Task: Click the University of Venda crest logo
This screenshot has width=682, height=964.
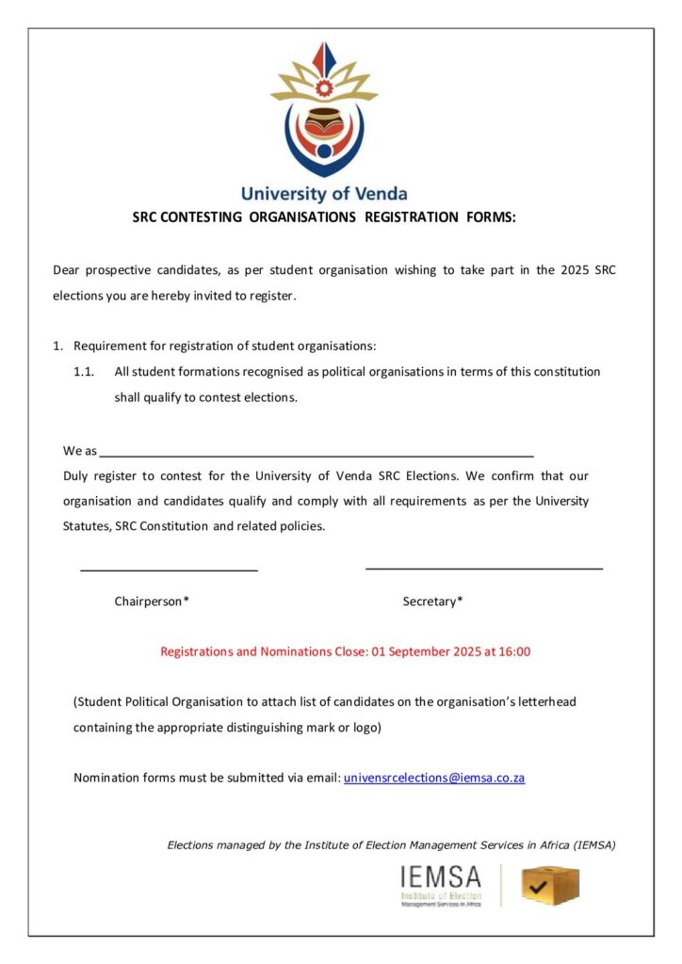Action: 324,108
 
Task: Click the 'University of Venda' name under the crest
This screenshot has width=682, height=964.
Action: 324,194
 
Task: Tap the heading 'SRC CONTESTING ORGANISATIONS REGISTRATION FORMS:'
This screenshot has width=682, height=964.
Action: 325,217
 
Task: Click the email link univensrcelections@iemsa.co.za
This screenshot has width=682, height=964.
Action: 434,778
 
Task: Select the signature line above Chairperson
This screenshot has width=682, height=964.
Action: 169,570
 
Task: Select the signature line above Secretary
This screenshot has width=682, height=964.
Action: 483,569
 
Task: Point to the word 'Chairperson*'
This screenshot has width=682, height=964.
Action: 152,601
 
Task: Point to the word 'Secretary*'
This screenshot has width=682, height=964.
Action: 432,601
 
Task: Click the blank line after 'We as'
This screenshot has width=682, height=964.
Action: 317,454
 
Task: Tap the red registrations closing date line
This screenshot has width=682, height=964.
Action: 345,651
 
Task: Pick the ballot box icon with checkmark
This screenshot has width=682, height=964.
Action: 550,886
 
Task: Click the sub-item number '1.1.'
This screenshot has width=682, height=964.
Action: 84,371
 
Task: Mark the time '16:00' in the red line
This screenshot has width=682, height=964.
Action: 514,651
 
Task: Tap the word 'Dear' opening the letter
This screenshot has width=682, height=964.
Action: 67,270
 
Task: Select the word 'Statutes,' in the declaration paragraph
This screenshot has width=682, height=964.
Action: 87,526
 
